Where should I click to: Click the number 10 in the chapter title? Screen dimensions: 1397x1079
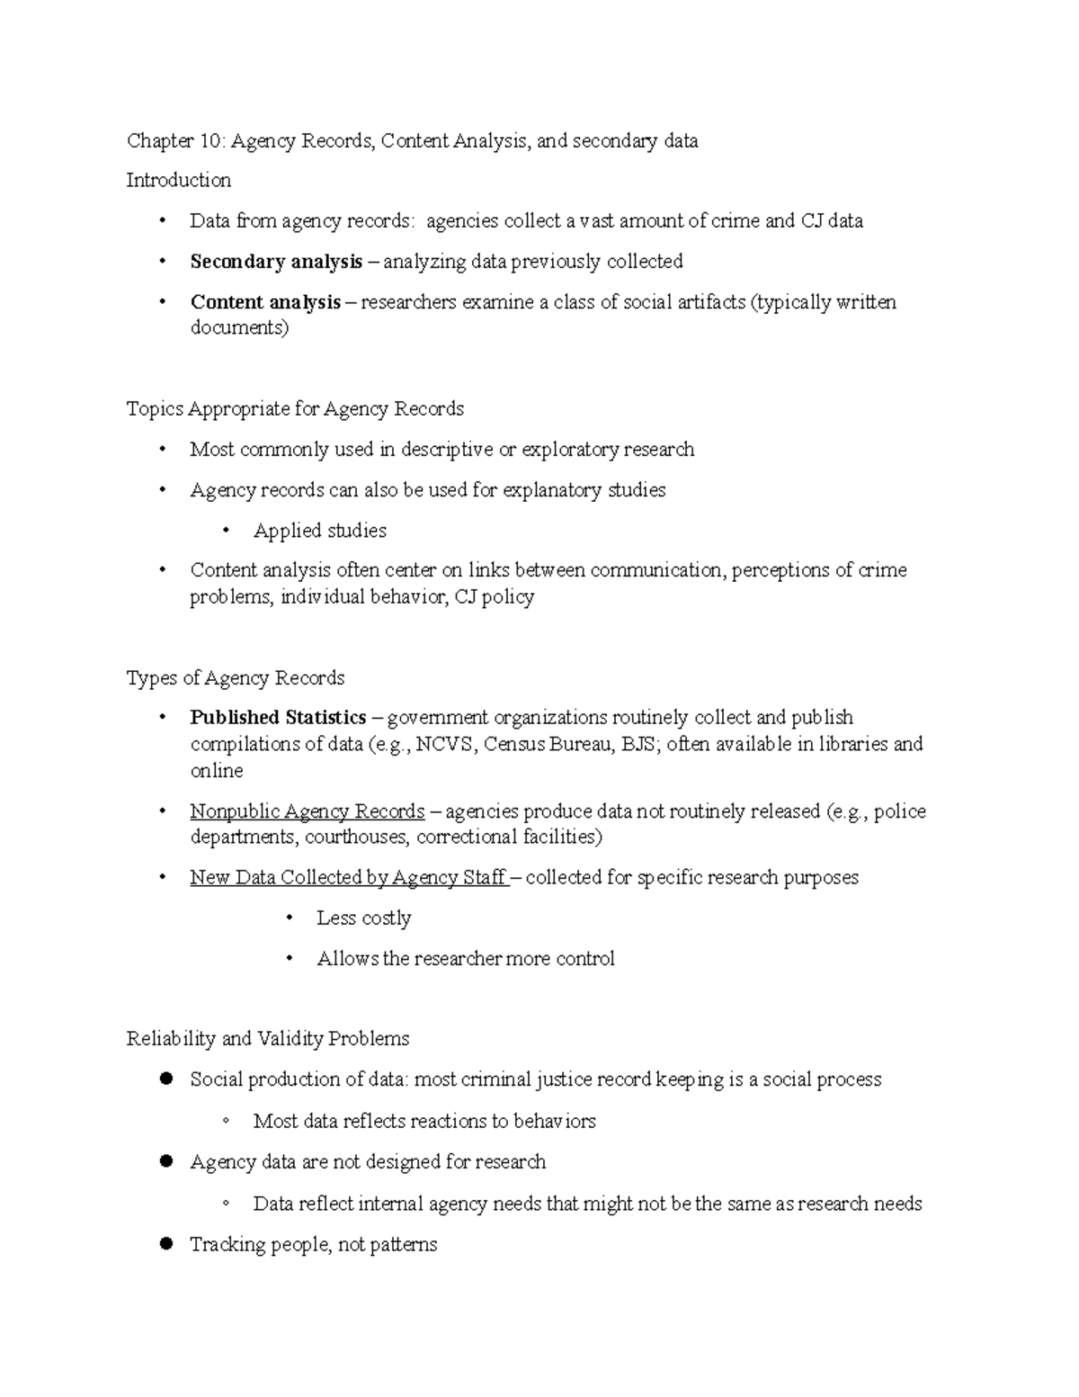(x=214, y=140)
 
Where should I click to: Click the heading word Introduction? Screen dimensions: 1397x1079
(x=178, y=180)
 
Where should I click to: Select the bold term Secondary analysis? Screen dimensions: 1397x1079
(x=276, y=261)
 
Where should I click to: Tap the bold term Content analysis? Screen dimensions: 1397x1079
(x=265, y=301)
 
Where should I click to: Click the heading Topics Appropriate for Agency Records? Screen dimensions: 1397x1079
(x=295, y=408)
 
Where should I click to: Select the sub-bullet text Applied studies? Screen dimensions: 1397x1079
(x=319, y=530)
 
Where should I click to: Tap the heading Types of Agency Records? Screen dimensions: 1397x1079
(x=236, y=677)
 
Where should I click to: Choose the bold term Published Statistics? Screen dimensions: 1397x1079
(x=278, y=717)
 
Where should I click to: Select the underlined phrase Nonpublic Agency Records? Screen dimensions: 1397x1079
(x=307, y=810)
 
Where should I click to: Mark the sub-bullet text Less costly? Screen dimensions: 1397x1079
(x=363, y=918)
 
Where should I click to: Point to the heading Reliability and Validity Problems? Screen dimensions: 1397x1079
(x=267, y=1038)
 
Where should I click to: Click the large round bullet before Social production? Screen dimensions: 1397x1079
(x=165, y=1079)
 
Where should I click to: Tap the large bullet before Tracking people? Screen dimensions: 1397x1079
(x=165, y=1244)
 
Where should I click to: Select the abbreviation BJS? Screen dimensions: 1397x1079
(x=638, y=744)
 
